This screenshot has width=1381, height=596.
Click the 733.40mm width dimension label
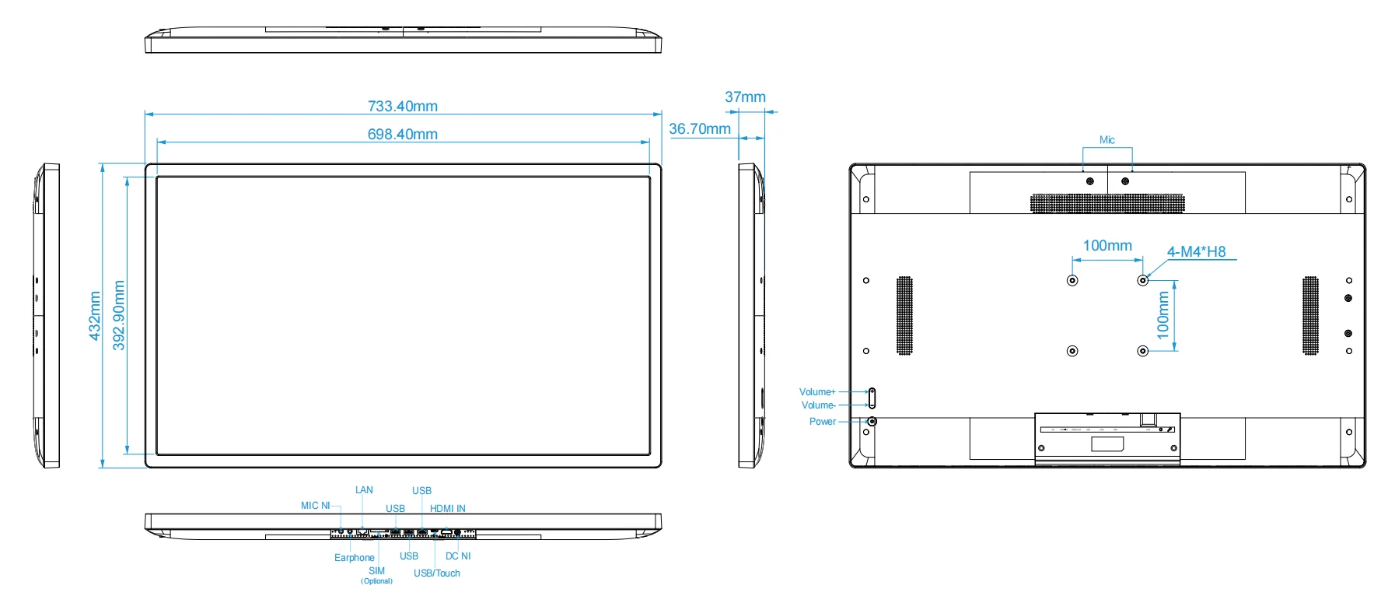tap(402, 106)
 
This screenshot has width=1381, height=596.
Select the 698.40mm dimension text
tap(402, 134)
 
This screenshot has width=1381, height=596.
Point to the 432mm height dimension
tap(95, 315)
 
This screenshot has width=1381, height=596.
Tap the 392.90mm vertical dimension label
tap(119, 315)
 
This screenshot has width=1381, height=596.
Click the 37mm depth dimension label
tap(745, 97)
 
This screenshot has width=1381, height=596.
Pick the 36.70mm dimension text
tap(699, 128)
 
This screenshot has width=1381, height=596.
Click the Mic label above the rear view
tap(1107, 140)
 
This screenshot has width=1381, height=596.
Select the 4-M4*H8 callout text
tap(1195, 251)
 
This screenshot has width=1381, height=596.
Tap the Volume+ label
tap(816, 391)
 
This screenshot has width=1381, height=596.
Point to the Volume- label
tap(818, 405)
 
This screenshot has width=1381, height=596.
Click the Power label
tap(822, 421)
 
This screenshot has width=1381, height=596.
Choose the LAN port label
tap(364, 489)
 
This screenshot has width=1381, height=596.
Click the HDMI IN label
tap(447, 508)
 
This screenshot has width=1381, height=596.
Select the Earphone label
tap(354, 557)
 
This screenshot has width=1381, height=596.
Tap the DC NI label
tap(457, 556)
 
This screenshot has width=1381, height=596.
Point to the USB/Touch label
tap(436, 573)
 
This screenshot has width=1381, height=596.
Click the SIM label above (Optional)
tap(376, 570)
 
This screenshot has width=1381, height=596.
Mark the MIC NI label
tap(315, 505)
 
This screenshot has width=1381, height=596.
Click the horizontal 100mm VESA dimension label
tap(1107, 245)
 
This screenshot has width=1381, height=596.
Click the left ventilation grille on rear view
tap(904, 315)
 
